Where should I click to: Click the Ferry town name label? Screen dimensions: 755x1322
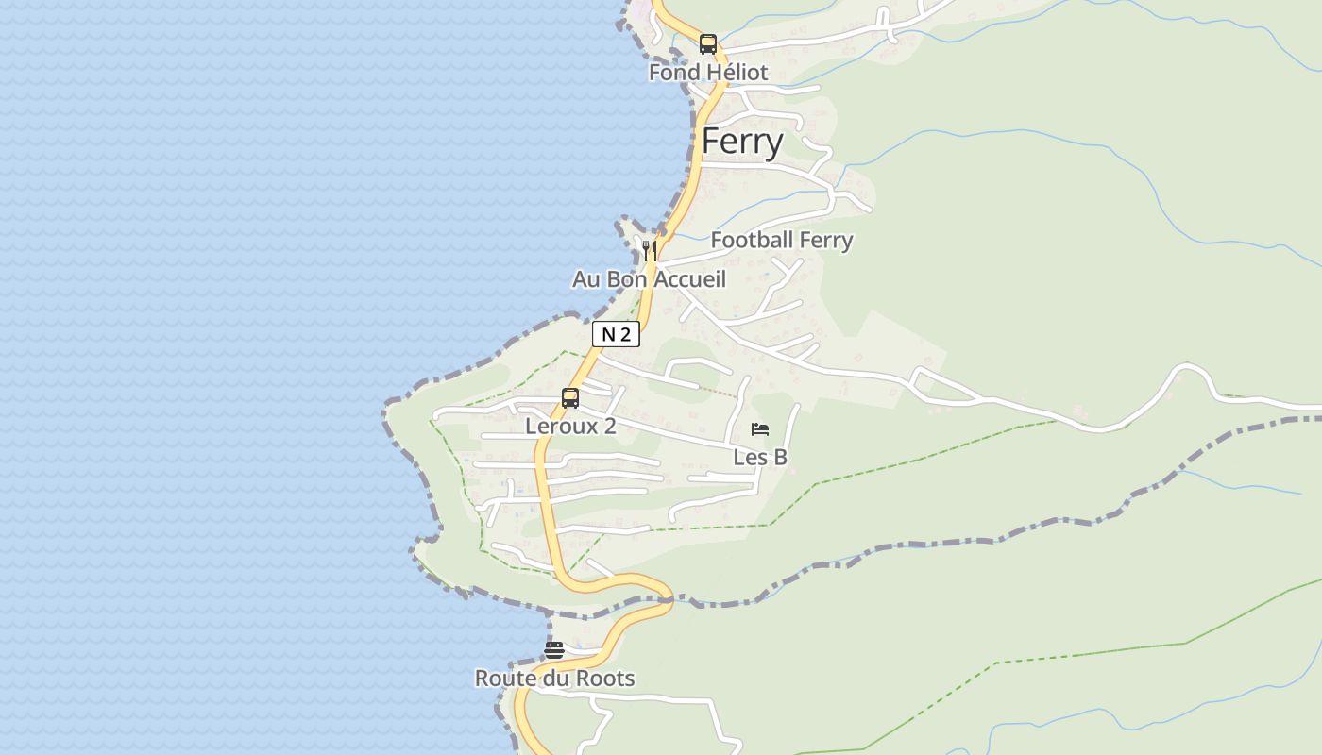[x=742, y=142]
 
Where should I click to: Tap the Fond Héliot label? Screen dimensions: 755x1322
[x=708, y=73]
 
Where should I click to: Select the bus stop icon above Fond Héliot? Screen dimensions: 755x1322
[x=708, y=43]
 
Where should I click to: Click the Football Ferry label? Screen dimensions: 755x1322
[x=781, y=241]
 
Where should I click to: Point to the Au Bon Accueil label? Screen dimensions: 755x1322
[x=649, y=279]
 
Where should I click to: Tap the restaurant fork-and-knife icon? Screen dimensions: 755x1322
[x=649, y=250]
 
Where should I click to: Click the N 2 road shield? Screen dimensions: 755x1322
[x=616, y=334]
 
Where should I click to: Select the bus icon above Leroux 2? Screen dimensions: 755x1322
[x=570, y=398]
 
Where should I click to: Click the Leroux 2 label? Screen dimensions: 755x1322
[x=570, y=427]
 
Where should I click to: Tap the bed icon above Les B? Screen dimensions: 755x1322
[x=760, y=429]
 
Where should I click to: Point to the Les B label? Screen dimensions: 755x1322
[x=760, y=458]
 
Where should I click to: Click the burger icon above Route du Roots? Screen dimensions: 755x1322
[x=554, y=649]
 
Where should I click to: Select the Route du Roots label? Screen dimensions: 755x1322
[x=554, y=679]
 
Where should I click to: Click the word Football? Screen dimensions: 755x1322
[x=752, y=241]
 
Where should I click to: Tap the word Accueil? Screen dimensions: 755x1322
[x=690, y=279]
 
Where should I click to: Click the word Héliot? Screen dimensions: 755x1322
[x=737, y=73]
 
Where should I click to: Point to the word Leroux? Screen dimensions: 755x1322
[x=562, y=427]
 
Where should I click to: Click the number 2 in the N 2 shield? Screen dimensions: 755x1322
[x=626, y=334]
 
